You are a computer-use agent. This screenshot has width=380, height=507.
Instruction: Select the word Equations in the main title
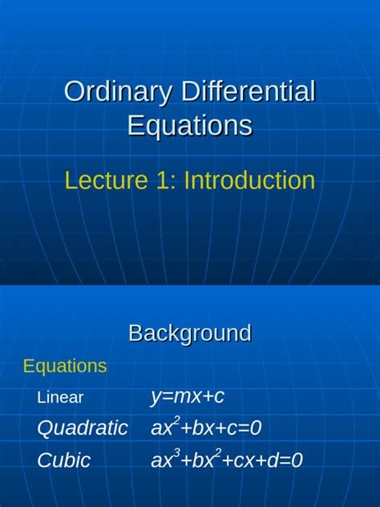190,126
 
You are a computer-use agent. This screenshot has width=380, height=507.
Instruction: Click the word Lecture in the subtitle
103,180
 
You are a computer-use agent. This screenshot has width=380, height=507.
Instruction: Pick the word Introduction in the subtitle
249,180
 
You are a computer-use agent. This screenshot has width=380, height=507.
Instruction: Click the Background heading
190,333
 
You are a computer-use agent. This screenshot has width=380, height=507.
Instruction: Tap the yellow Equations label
65,367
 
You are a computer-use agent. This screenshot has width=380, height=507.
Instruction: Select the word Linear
60,398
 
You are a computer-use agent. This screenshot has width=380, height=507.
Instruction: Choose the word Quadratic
82,428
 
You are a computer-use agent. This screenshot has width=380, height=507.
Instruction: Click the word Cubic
63,460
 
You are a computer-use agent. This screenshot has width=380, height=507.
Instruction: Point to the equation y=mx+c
187,397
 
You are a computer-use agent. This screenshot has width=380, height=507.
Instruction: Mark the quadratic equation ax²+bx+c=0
206,428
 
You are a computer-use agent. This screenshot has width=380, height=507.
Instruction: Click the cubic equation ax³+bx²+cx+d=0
226,460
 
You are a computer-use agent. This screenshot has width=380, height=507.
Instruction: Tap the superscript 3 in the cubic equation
176,453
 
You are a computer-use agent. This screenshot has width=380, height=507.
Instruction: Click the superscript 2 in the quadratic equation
176,421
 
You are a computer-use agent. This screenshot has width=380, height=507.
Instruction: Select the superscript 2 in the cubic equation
216,453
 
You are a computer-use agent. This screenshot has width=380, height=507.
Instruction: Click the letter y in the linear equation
155,398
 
